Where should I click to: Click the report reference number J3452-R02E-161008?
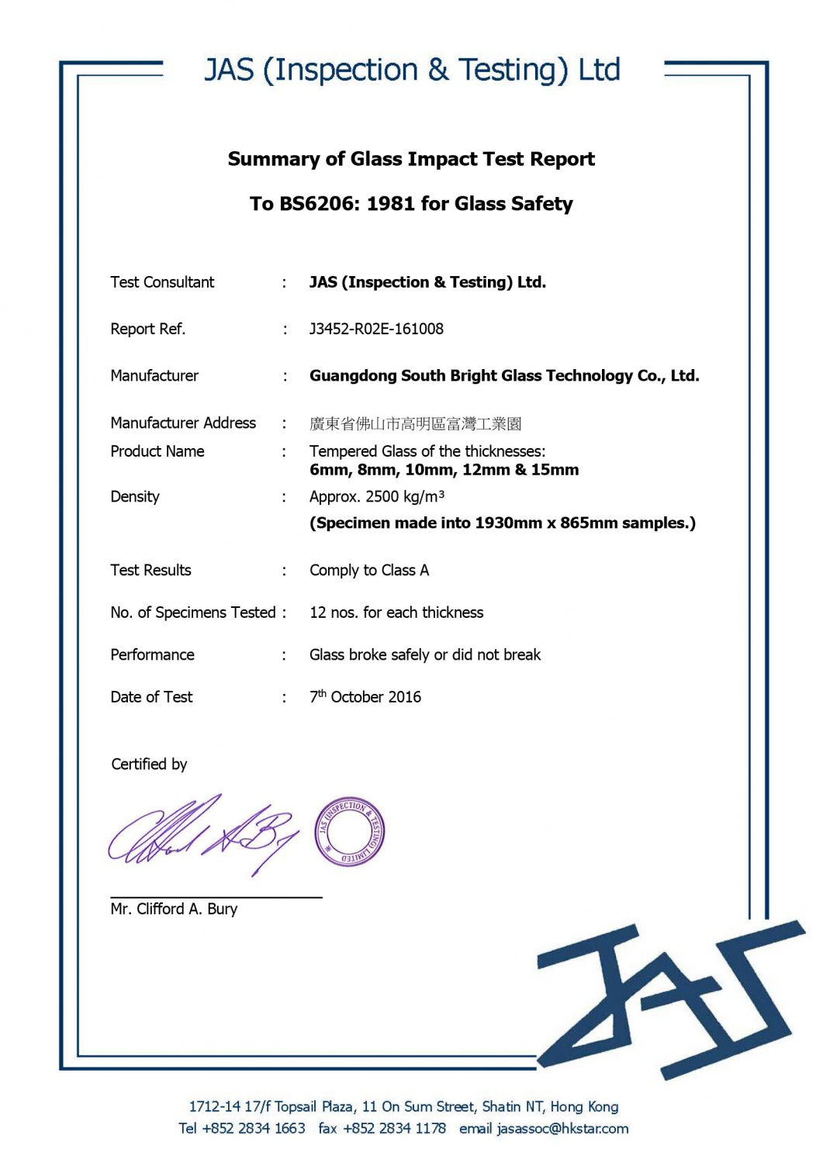coord(376,329)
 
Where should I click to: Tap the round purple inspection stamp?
coord(350,831)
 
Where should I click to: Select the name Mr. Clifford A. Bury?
coord(174,909)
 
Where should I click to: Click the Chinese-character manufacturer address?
coord(415,423)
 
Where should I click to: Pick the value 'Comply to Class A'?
coord(369,571)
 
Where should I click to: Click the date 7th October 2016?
coord(365,697)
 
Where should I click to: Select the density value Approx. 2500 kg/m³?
coord(377,497)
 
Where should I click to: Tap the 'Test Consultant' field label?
coord(162,282)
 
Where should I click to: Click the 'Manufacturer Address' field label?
coord(183,423)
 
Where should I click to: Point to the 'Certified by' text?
coord(149,764)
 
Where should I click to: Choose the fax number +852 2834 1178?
coord(395,1129)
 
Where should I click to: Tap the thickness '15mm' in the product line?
coord(555,470)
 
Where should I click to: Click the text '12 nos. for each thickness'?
coord(396,613)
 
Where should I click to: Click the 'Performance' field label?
coord(152,655)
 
